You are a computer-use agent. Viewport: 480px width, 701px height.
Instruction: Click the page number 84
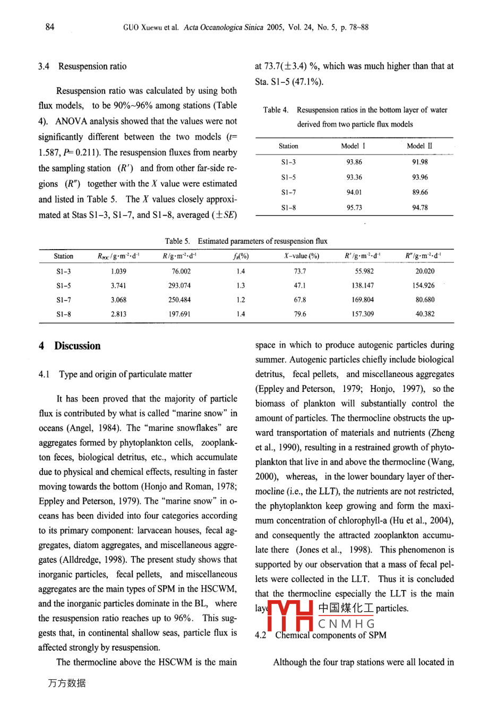pos(50,27)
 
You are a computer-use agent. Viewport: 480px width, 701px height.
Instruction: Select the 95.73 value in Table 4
pos(354,208)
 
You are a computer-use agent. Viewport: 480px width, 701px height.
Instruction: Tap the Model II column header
pos(419,146)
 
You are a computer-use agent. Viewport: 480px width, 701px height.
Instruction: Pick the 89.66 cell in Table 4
pos(419,192)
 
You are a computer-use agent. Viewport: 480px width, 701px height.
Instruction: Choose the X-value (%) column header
pos(301,256)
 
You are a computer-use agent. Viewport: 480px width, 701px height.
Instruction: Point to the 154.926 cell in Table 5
pos(425,285)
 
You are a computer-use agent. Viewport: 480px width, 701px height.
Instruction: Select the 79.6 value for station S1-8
pos(300,314)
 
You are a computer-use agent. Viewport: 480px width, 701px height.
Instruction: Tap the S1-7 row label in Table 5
pos(63,300)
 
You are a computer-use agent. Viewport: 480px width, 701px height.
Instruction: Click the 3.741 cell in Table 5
pos(118,285)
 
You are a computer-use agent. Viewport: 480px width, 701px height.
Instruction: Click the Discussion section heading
pos(77,346)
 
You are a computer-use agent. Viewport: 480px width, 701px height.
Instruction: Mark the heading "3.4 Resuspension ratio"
pos(82,66)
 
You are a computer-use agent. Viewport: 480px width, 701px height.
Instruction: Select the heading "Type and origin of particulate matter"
pos(125,374)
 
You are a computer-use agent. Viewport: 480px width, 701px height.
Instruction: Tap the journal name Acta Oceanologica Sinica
pos(223,27)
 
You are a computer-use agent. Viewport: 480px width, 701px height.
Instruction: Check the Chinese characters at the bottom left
pos(66,683)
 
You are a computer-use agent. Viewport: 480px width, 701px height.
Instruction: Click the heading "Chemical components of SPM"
pos(330,635)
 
